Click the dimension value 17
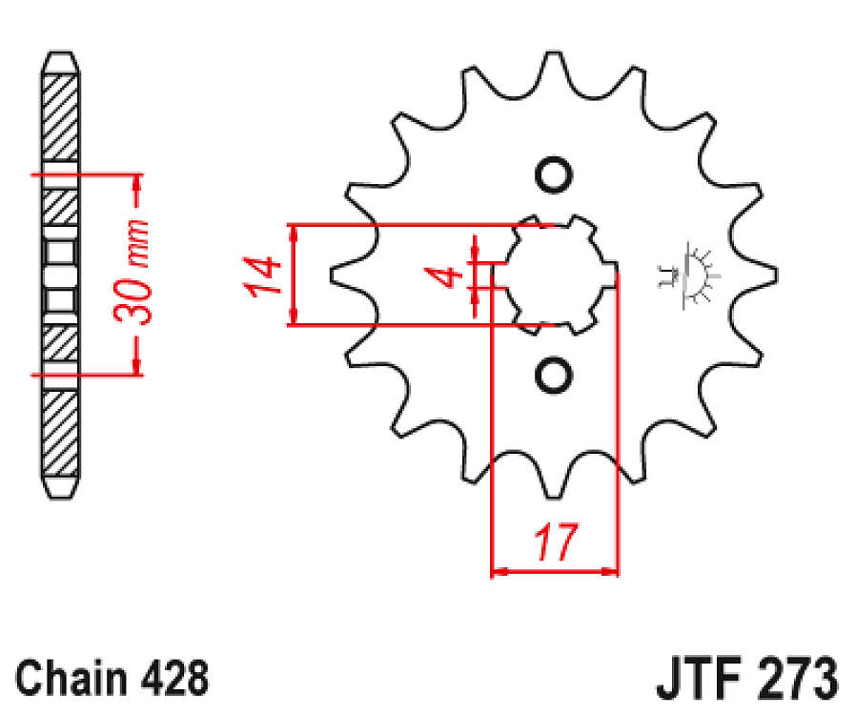tap(556, 543)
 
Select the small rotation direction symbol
tap(688, 276)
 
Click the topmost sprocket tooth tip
tap(550, 55)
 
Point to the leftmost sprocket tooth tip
tap(333, 275)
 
